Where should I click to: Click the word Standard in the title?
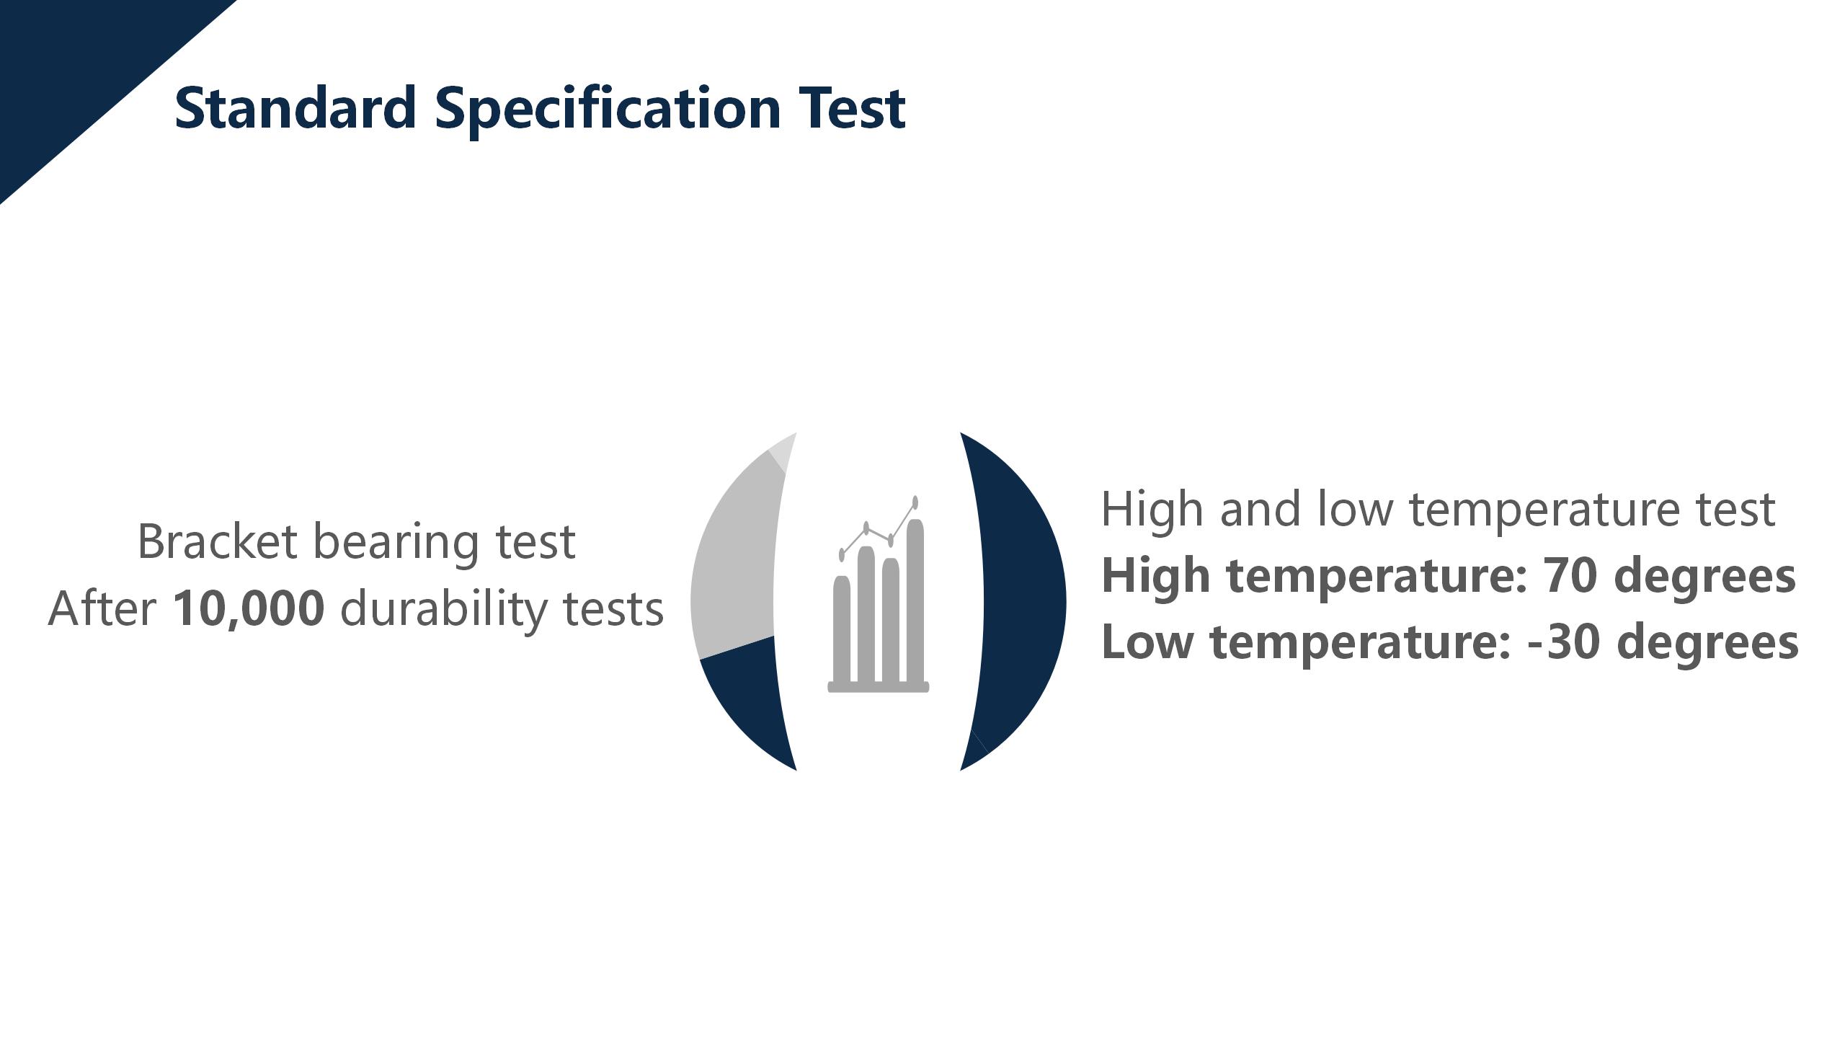coord(295,107)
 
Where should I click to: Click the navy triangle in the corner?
coord(79,72)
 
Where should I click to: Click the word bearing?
coord(396,544)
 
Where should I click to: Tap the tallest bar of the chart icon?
coord(915,600)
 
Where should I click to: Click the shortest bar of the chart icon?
coord(842,629)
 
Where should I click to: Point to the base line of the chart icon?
coord(879,687)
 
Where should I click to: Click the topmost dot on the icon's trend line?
coord(915,502)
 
